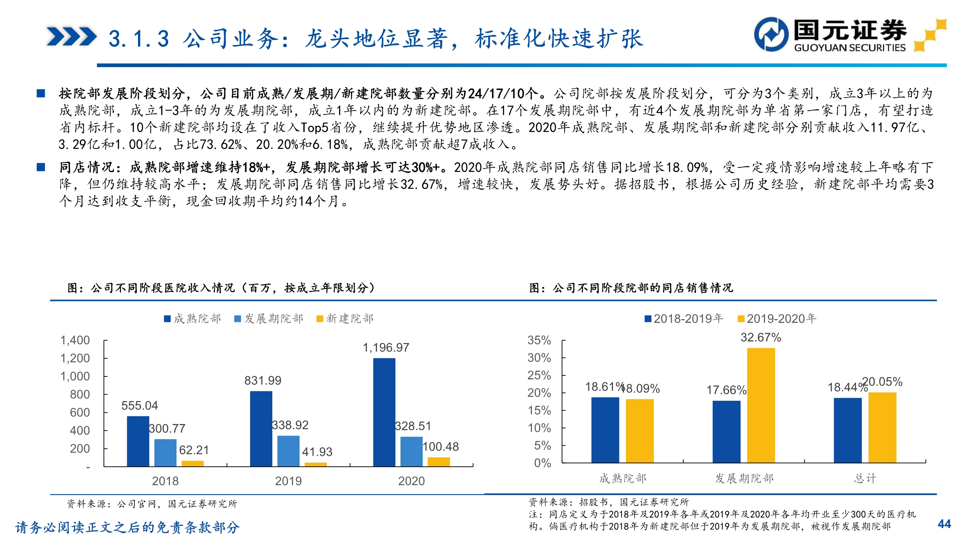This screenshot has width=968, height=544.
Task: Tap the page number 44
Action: pos(944,524)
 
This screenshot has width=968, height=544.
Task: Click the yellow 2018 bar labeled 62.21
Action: pos(192,463)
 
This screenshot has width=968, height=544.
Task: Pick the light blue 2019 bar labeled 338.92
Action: pos(288,451)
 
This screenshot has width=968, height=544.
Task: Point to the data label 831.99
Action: pos(263,380)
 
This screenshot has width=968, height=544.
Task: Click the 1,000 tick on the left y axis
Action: pos(75,376)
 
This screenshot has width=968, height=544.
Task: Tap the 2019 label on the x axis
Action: pos(288,481)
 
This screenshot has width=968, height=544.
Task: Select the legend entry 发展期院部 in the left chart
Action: pos(269,319)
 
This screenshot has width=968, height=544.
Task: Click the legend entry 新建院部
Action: pos(345,319)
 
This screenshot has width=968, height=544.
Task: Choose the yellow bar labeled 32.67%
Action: pos(761,405)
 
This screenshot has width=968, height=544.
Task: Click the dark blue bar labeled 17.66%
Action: pos(727,431)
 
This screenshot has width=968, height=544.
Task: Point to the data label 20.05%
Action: pos(882,382)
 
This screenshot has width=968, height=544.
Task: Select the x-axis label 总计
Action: pos(865,478)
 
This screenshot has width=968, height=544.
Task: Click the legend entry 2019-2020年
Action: pos(777,319)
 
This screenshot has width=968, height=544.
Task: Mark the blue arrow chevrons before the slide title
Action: pos(72,36)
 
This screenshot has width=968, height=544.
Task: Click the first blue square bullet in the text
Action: pos(41,93)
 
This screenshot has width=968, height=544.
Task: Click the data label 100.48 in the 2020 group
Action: pos(440,446)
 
